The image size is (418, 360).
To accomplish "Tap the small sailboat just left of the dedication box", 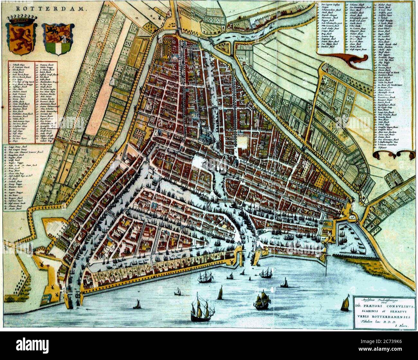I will point(345,304).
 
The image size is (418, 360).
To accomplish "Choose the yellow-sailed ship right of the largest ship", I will point(262,301).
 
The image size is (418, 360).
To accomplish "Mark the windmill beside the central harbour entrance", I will point(230,262).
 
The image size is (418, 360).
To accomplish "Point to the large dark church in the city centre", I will point(207,137).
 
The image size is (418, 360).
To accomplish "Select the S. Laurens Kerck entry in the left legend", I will point(20,67).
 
